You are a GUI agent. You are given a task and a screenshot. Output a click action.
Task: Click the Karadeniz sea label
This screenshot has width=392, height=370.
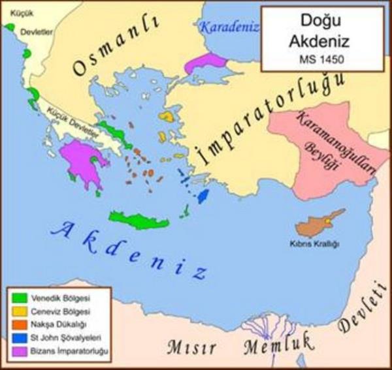pyautogui.click(x=229, y=27)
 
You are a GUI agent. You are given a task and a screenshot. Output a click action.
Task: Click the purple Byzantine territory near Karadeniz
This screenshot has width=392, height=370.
pyautogui.click(x=204, y=63)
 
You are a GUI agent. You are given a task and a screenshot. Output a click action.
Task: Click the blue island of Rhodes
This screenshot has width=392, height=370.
pyautogui.click(x=203, y=195)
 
